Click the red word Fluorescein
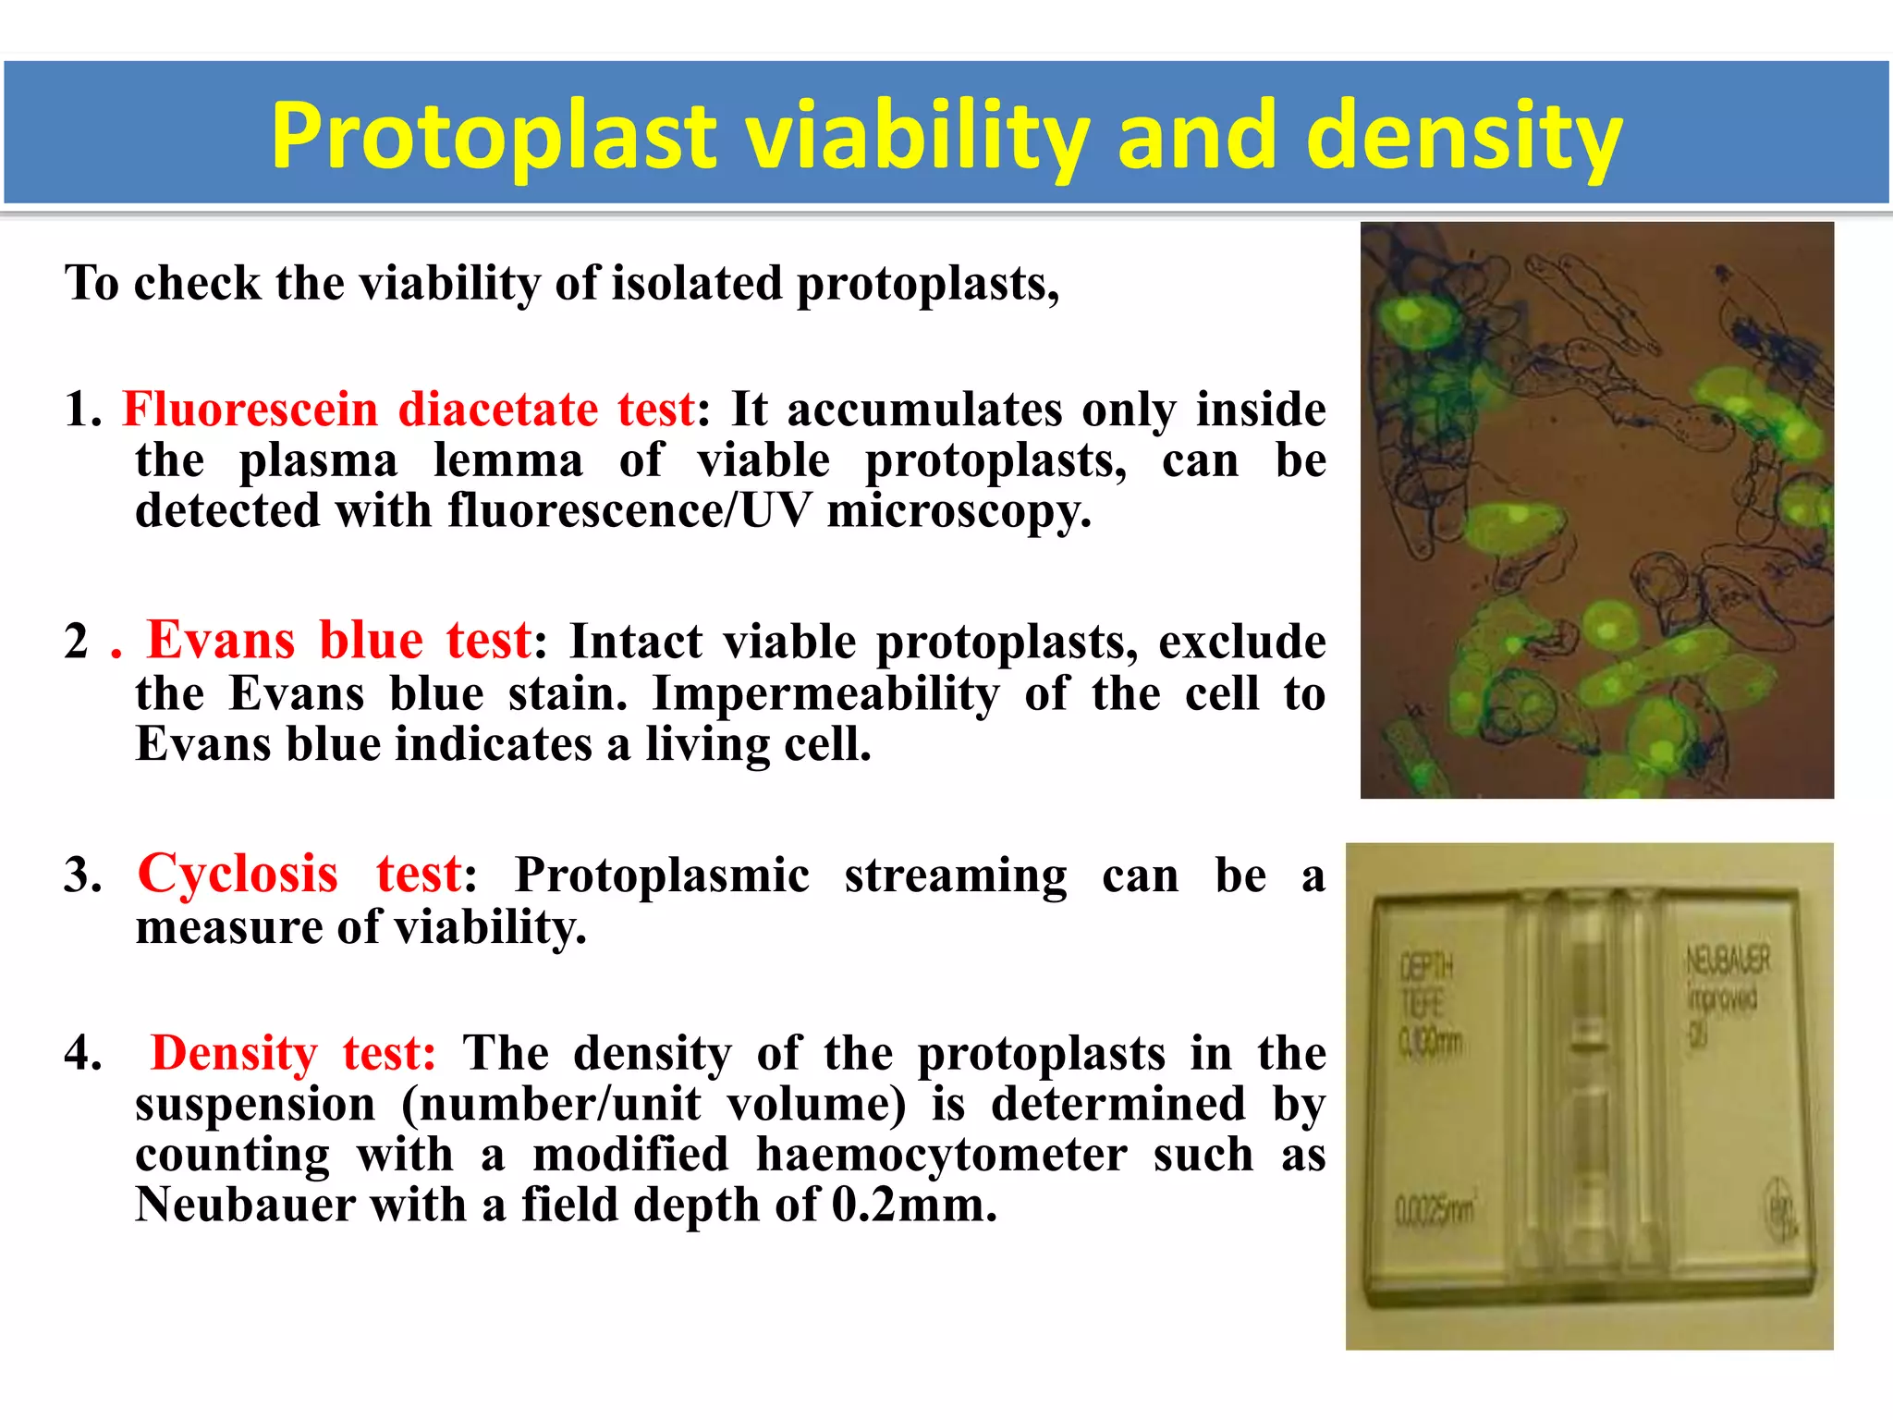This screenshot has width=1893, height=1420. click(250, 409)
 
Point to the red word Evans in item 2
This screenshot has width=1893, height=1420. click(221, 640)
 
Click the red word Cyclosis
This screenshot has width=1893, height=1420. click(238, 874)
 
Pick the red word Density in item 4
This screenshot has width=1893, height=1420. click(234, 1052)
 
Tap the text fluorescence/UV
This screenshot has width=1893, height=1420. click(629, 510)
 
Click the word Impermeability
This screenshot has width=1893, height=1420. click(825, 693)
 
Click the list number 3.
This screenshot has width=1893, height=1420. click(81, 875)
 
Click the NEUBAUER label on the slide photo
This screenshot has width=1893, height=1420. click(1728, 960)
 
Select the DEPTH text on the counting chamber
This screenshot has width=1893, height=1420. click(1426, 967)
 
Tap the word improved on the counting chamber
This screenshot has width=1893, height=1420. click(1720, 998)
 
